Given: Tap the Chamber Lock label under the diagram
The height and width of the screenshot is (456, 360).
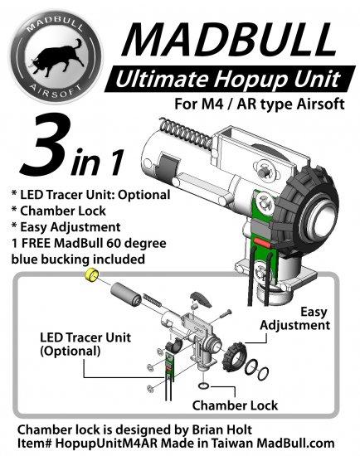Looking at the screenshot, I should coord(235,405).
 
